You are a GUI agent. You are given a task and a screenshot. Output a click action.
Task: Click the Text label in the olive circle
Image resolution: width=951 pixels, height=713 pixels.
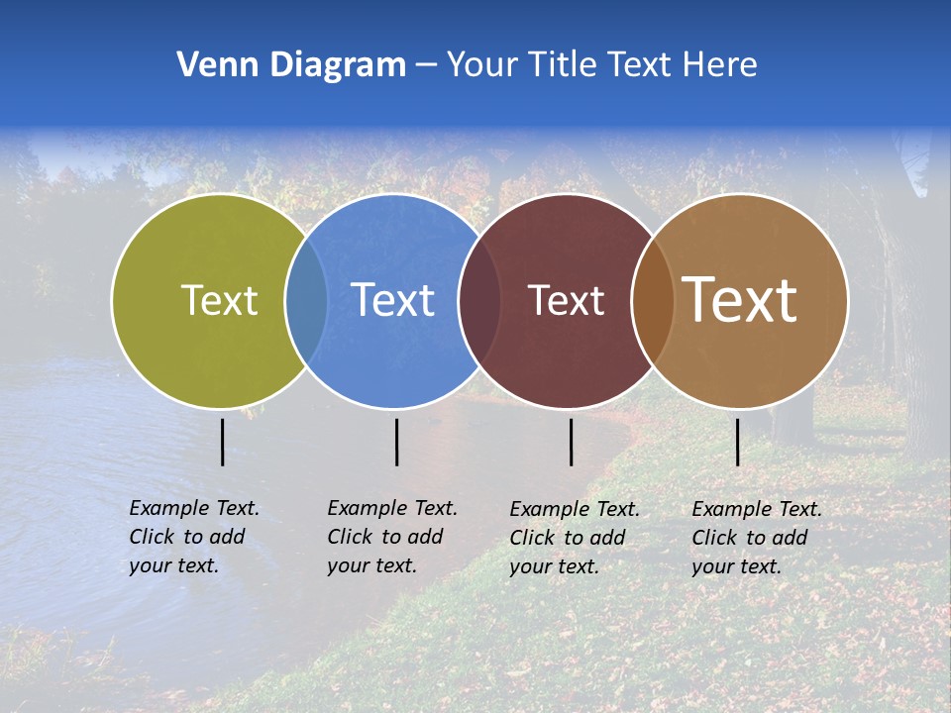coord(219,300)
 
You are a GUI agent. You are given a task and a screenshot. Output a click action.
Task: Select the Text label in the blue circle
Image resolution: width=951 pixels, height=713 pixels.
coord(393,300)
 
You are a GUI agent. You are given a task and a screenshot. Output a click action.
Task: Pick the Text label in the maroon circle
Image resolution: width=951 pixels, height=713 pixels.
coord(566,300)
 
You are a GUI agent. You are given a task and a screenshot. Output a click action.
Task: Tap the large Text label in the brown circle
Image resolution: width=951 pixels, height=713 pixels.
coord(740,300)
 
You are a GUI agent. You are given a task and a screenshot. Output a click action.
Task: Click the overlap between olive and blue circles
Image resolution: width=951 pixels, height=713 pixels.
coord(306,300)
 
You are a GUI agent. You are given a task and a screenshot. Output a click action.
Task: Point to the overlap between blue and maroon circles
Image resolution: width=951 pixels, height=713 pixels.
coord(479,300)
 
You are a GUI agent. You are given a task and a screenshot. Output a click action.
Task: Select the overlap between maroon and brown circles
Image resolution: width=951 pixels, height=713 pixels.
coord(653,300)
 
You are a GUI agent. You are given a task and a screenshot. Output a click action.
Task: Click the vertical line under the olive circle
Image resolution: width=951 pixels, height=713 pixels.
coord(222,442)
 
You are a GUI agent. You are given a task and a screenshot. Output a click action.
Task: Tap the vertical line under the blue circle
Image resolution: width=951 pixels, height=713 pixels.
coord(396,442)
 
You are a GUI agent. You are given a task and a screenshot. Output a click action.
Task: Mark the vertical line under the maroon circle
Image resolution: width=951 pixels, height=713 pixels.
coord(571,442)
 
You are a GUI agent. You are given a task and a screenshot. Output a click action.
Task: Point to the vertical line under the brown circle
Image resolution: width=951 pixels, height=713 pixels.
coord(737,442)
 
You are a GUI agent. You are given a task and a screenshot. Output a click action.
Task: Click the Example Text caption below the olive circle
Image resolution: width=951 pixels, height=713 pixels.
coord(194,537)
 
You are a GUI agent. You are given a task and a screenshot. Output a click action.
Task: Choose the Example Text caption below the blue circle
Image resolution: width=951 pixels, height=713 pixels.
coord(392,537)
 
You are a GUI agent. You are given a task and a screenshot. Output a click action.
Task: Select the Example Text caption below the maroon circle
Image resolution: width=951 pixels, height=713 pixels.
coord(575,538)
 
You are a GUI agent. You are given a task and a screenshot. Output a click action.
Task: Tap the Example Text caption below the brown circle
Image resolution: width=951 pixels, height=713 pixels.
coord(757,538)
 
